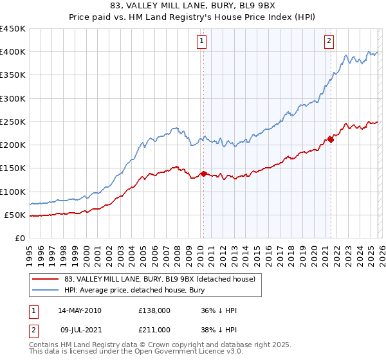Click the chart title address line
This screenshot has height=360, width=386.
tap(192, 6)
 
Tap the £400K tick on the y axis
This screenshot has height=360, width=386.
tap(13, 52)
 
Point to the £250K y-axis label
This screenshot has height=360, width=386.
tap(13, 122)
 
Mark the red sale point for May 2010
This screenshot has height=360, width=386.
tap(203, 174)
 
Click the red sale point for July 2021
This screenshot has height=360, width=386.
tap(331, 139)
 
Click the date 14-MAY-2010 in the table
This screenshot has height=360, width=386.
tap(79, 310)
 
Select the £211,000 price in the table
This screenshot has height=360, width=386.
tap(154, 329)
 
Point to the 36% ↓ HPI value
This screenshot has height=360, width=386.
tap(219, 310)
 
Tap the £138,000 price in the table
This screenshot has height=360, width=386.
tap(154, 310)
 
